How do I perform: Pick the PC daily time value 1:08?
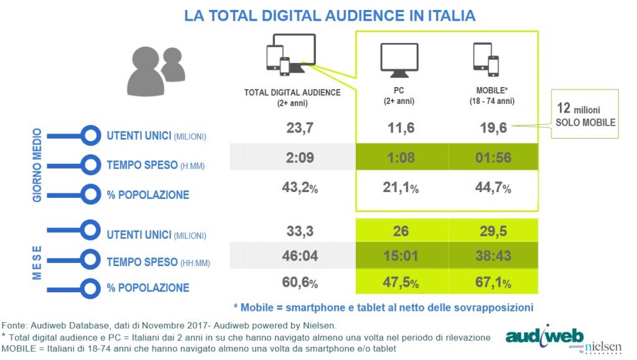[401, 158]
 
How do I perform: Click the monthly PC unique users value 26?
[401, 232]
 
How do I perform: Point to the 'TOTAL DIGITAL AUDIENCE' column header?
[292, 93]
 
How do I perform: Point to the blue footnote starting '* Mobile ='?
[383, 307]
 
